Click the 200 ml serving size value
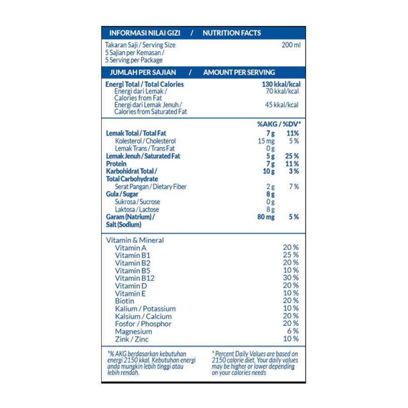point(291,45)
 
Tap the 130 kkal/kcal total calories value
point(281,84)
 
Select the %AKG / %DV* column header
point(279,124)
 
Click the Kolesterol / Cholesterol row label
point(145,141)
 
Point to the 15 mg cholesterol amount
point(266,141)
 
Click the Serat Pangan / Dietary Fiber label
point(151,186)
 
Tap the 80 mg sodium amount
point(266,217)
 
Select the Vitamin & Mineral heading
point(135,240)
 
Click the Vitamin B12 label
point(135,278)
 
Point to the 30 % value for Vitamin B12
point(291,278)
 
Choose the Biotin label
point(125,301)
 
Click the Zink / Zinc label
point(131,339)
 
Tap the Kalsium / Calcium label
point(143,316)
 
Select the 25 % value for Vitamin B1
point(291,255)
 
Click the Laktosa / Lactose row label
point(137,209)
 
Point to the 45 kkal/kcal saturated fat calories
point(282,105)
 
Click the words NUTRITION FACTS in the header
point(232,33)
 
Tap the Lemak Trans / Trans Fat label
point(145,148)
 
